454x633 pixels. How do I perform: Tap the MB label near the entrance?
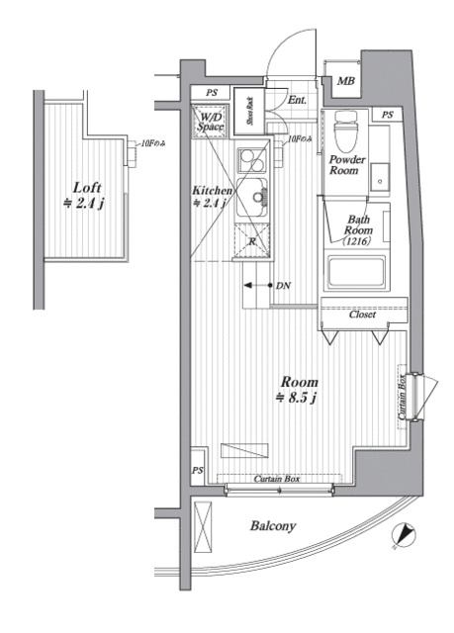(x=345, y=82)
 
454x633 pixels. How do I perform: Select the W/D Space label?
(x=210, y=122)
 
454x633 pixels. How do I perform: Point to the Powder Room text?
(x=347, y=166)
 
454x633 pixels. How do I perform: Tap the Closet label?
(x=362, y=316)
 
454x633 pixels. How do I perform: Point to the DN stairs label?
(x=283, y=286)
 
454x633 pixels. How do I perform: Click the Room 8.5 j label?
(x=299, y=390)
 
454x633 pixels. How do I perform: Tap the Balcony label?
(x=273, y=527)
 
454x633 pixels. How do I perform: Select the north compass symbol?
(x=402, y=535)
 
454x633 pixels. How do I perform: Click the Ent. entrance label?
(x=298, y=100)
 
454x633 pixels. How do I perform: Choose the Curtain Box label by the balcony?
(x=277, y=480)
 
